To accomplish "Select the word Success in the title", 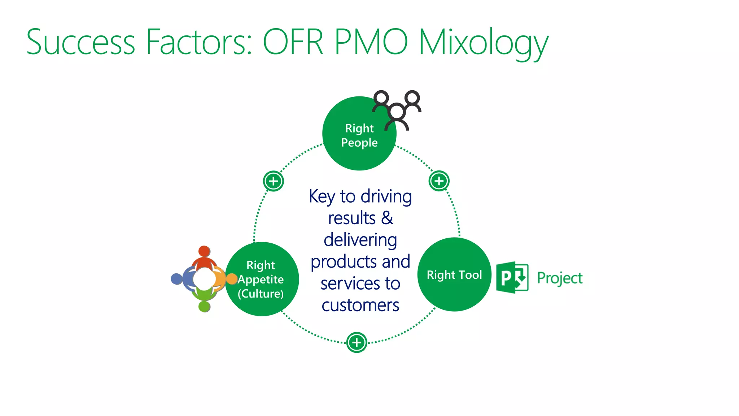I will [x=80, y=42].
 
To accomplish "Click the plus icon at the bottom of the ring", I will [x=357, y=342].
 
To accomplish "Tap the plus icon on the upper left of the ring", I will [x=273, y=181].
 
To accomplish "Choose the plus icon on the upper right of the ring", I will [x=439, y=181].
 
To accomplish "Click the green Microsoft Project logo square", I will [x=512, y=277].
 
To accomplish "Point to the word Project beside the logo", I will [x=560, y=278].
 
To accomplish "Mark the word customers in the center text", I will [x=360, y=305].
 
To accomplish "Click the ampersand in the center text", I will [x=387, y=218].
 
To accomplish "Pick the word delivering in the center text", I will [x=360, y=240].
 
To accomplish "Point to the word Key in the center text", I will [x=322, y=197].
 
